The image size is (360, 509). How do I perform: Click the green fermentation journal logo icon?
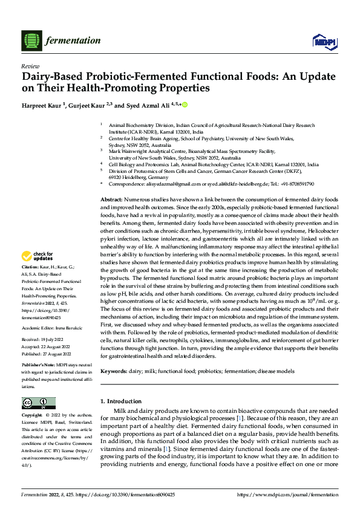[30, 41]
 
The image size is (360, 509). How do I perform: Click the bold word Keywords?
[113, 371]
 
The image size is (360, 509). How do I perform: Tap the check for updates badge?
[39, 273]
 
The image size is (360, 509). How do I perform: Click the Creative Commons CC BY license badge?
[39, 403]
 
